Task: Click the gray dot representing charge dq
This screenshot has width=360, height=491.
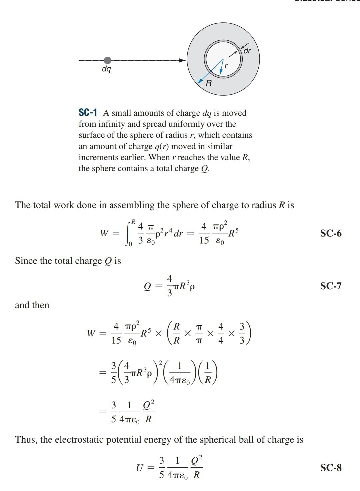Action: tap(107, 60)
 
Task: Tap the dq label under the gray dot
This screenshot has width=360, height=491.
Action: tap(106, 69)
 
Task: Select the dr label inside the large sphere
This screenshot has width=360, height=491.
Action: tap(247, 51)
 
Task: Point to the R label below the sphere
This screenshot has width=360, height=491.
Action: tap(209, 83)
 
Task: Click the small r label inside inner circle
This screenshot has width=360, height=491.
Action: tap(226, 66)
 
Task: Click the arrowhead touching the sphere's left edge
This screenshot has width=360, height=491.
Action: tap(182, 60)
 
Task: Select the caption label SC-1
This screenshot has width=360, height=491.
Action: tap(88, 113)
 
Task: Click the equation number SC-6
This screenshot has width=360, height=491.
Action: tap(331, 233)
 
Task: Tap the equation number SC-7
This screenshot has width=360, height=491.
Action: tap(331, 286)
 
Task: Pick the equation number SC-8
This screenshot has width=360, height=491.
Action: tap(331, 468)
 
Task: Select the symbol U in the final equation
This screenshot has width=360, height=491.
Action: tap(140, 468)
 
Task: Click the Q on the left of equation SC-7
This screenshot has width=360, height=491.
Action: tap(147, 287)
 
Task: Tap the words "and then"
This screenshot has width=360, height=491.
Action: tap(32, 305)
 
